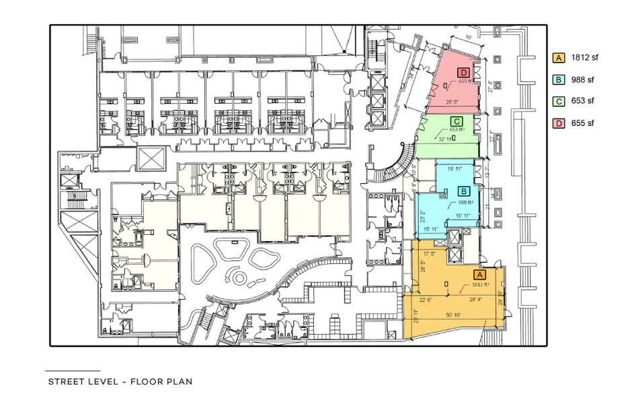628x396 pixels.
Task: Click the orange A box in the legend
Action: (558, 58)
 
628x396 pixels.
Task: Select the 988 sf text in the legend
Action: (583, 80)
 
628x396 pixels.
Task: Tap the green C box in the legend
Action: (558, 102)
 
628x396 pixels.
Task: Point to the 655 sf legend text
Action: (583, 124)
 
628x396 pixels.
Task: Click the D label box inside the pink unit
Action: (463, 72)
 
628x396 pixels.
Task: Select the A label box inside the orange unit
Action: (479, 275)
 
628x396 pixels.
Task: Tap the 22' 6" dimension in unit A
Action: (426, 301)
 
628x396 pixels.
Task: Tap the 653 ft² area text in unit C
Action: (457, 129)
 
